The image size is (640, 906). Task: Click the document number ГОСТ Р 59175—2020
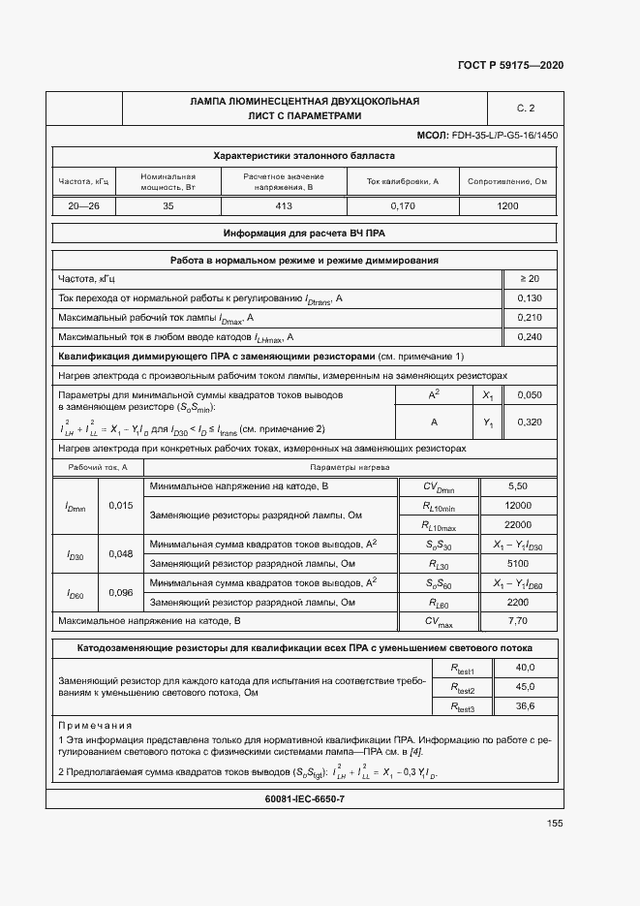tap(510, 65)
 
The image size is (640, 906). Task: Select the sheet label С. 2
tap(526, 108)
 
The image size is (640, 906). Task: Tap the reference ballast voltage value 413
tap(284, 206)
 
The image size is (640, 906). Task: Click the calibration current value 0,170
tap(403, 206)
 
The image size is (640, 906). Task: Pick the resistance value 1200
tap(507, 206)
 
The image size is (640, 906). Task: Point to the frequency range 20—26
tap(84, 206)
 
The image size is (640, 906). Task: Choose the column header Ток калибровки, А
tap(403, 181)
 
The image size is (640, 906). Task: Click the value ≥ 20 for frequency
tap(530, 279)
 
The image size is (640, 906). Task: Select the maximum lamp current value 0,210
tap(530, 318)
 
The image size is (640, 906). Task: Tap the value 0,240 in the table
tap(530, 337)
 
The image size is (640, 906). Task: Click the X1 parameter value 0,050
tap(530, 395)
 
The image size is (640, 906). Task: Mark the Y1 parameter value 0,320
tap(530, 422)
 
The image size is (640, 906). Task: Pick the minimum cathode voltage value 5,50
tap(518, 485)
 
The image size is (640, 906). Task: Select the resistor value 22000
tap(518, 524)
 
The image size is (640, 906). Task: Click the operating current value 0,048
tap(121, 553)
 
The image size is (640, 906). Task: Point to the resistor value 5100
tap(518, 563)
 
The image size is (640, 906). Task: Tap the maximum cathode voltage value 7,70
tap(518, 620)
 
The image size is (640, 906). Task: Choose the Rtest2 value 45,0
tap(525, 687)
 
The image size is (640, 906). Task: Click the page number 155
tap(554, 824)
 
